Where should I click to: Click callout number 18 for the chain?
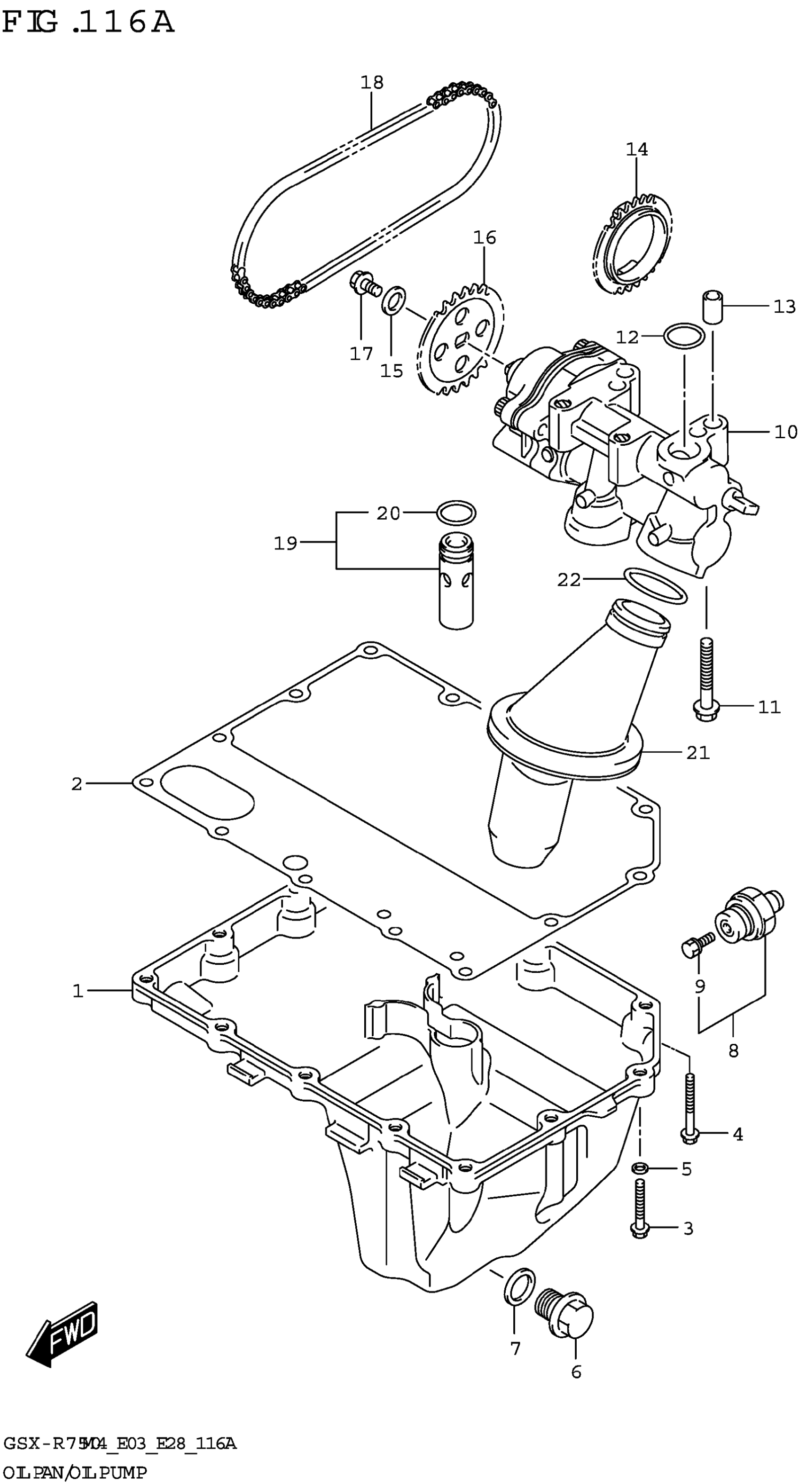[372, 82]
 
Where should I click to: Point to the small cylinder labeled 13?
[712, 308]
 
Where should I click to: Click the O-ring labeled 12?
[683, 336]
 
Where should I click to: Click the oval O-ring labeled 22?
[655, 585]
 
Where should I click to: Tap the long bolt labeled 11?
[707, 679]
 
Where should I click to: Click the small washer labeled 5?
[640, 1168]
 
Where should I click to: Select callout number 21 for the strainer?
[697, 752]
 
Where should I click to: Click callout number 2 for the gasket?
[77, 783]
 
